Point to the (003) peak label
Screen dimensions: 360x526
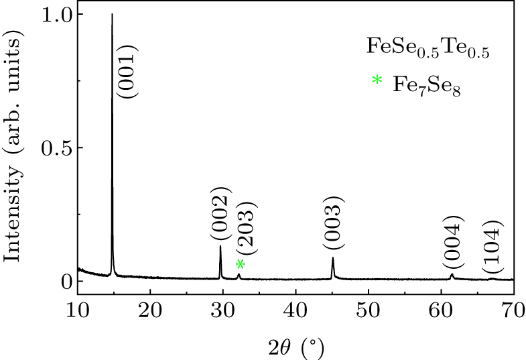pyautogui.click(x=333, y=222)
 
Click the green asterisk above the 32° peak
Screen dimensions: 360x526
pyautogui.click(x=241, y=265)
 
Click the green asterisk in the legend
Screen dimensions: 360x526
pyautogui.click(x=377, y=81)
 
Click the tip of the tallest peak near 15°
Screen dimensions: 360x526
pyautogui.click(x=112, y=15)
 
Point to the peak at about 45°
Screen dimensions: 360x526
pyautogui.click(x=332, y=260)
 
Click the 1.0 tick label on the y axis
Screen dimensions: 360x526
pyautogui.click(x=56, y=14)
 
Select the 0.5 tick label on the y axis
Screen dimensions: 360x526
pyautogui.click(x=56, y=147)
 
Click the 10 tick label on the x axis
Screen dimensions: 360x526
pyautogui.click(x=78, y=310)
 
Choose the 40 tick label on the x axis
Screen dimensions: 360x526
pyautogui.click(x=295, y=310)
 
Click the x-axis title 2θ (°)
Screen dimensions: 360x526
pyautogui.click(x=295, y=347)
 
